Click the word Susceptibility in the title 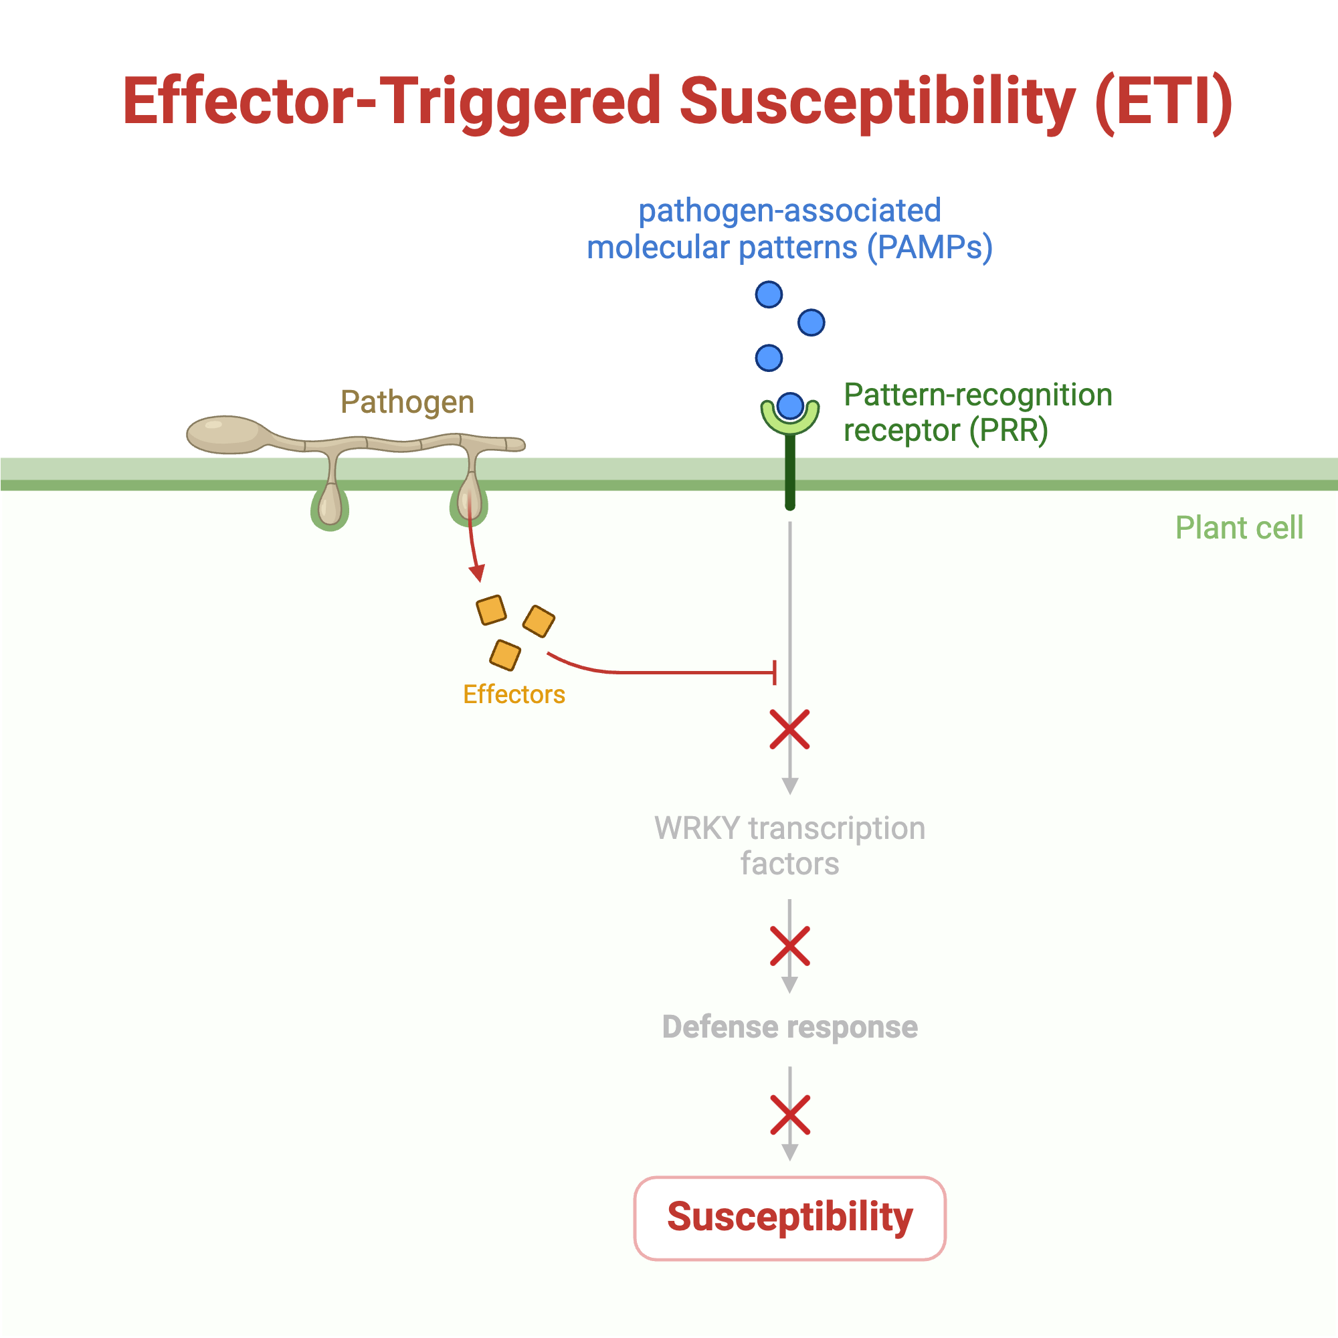(877, 102)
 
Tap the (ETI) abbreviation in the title (1163, 102)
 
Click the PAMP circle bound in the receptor (790, 406)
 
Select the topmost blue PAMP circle (769, 295)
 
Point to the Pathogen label (407, 402)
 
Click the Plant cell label (1239, 528)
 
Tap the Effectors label (514, 694)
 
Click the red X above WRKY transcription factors (789, 730)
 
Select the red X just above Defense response (789, 946)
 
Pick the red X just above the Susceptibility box (789, 1115)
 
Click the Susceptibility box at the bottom (789, 1218)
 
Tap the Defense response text (789, 1026)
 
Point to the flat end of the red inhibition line (774, 672)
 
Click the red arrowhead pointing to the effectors (476, 573)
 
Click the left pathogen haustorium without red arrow (330, 506)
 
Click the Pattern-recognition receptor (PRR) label (977, 413)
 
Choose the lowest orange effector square (505, 655)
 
